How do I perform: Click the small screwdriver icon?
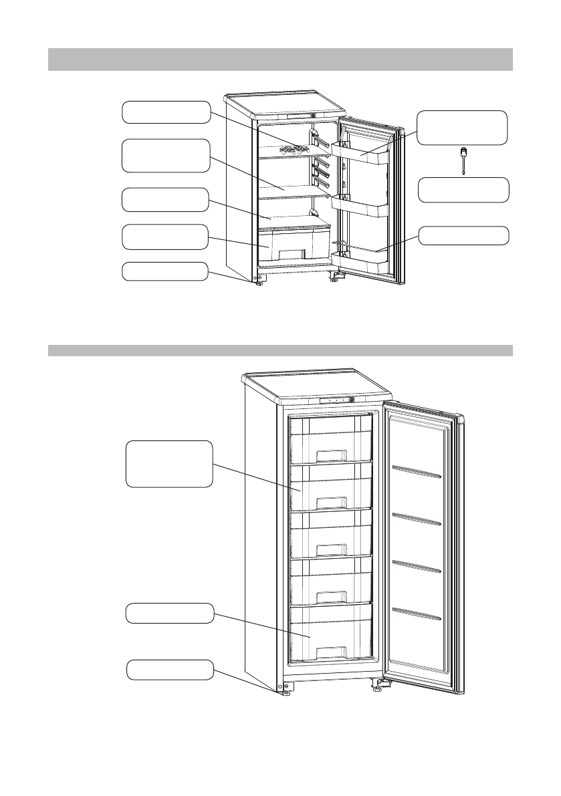(x=461, y=161)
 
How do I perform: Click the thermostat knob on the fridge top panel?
(x=312, y=115)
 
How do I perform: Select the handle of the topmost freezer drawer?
(x=332, y=456)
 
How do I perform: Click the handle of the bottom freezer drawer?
(x=332, y=650)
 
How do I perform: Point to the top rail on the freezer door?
(x=417, y=472)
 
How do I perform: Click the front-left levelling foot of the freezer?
(x=286, y=692)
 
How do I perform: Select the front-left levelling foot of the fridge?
(x=257, y=283)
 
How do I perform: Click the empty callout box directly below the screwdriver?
(x=463, y=190)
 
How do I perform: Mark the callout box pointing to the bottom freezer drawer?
(x=170, y=614)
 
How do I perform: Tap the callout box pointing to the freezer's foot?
(x=170, y=670)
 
